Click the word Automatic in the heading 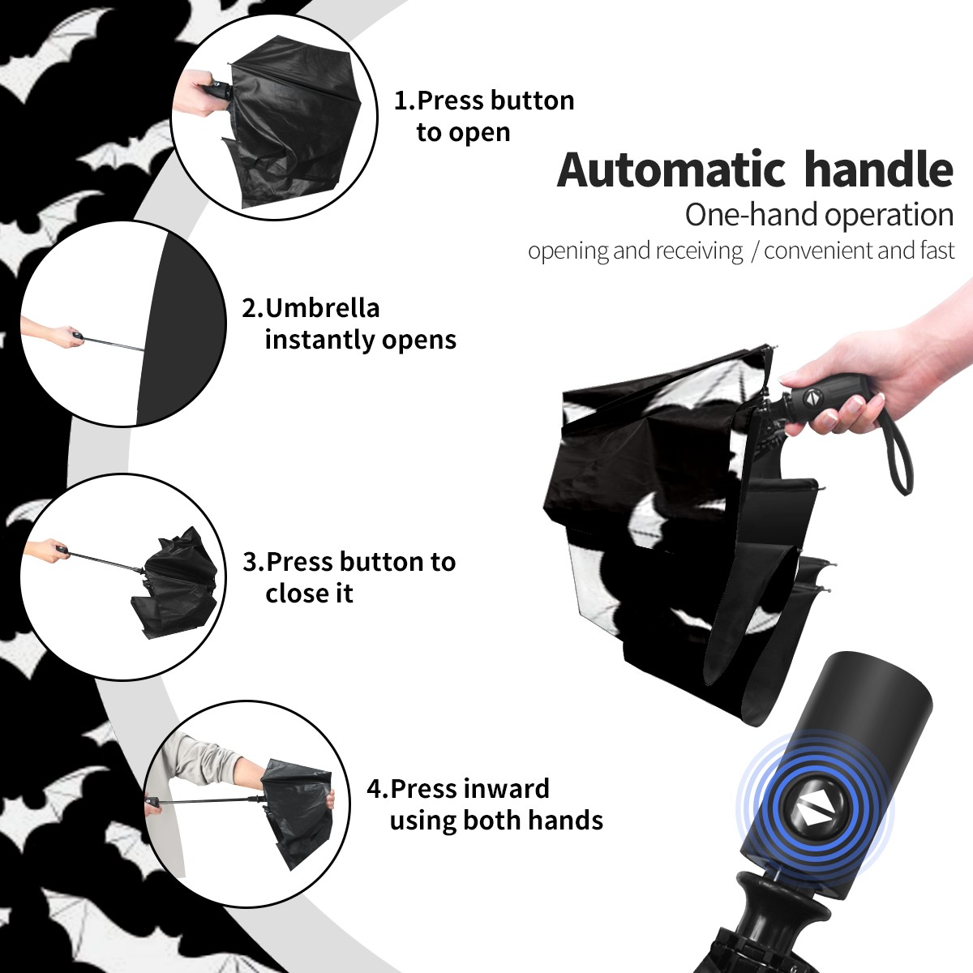[671, 169]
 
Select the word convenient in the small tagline [818, 251]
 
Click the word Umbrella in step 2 [322, 308]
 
